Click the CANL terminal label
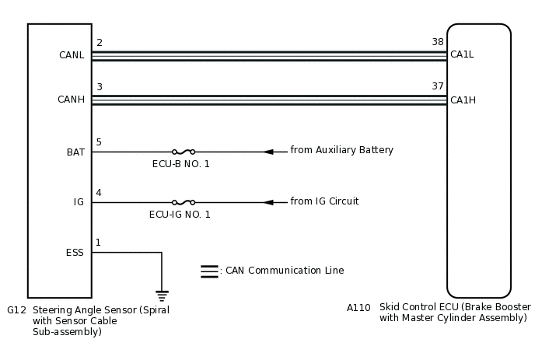[72, 55]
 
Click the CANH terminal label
[72, 100]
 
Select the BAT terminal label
[75, 152]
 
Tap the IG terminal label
[79, 202]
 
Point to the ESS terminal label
[75, 252]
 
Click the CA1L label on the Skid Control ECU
[462, 55]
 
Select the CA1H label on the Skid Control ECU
[462, 100]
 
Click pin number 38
[438, 42]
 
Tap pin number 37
[438, 86]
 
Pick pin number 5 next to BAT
[99, 142]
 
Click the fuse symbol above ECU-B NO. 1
[183, 152]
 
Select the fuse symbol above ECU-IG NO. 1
[183, 202]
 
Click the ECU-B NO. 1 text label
[180, 164]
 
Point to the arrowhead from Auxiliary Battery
[268, 152]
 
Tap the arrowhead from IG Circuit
[268, 202]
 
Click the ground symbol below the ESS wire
[162, 295]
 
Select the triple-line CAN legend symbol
[209, 271]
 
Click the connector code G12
[16, 309]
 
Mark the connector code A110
[358, 307]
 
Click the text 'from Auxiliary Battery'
[342, 150]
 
